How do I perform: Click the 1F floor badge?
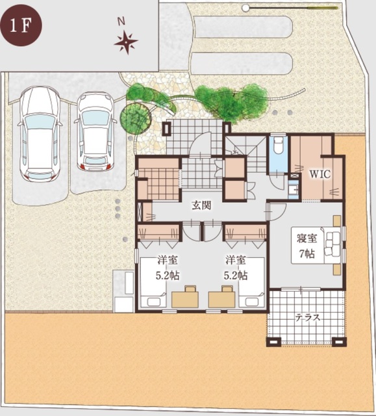(21, 25)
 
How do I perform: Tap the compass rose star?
(126, 42)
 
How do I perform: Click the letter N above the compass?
(121, 22)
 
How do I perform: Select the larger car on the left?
(40, 134)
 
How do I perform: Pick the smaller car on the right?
(95, 131)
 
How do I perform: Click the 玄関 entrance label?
(202, 205)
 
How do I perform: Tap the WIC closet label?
(320, 174)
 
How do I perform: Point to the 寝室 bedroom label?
(307, 239)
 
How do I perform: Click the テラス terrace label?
(308, 317)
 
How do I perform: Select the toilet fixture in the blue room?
(278, 146)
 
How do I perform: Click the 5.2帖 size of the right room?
(236, 276)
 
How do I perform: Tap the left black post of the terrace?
(273, 342)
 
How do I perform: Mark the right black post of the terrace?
(339, 342)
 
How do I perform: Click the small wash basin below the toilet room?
(293, 189)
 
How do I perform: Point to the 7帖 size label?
(307, 254)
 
